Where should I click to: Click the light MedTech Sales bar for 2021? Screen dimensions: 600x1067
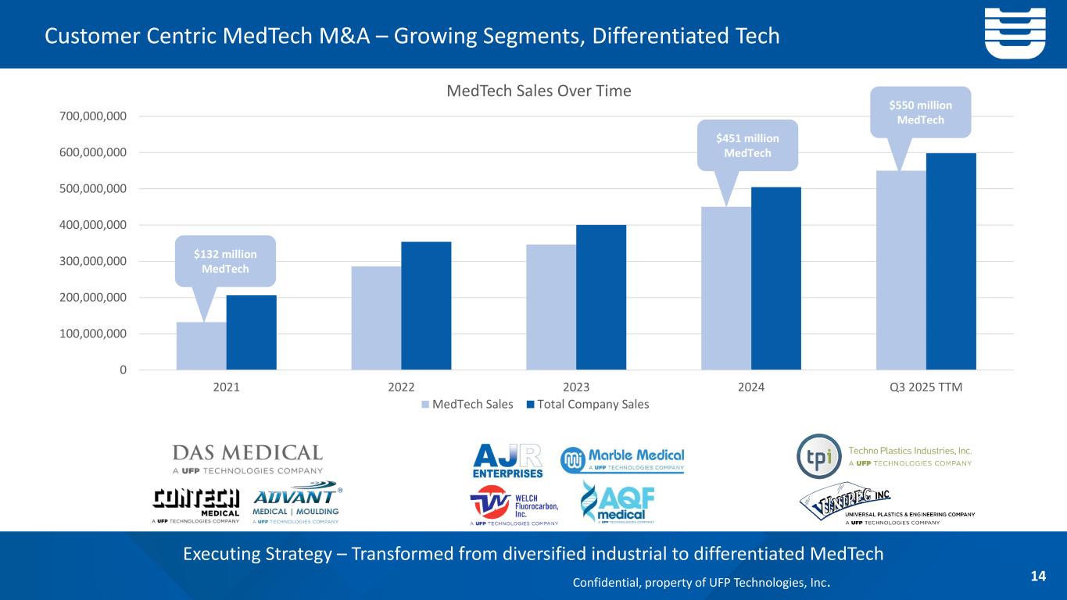click(201, 346)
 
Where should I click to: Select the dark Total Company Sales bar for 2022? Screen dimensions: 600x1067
click(426, 305)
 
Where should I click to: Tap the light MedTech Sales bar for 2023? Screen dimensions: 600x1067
click(551, 307)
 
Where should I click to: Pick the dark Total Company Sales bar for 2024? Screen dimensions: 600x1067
click(775, 278)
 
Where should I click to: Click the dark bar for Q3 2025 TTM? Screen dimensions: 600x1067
click(951, 261)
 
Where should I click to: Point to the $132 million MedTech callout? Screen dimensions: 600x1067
click(225, 261)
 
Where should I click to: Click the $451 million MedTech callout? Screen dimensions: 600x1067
click(747, 145)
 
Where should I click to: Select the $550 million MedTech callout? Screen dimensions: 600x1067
click(919, 112)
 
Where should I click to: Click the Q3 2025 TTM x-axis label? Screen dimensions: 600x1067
click(926, 386)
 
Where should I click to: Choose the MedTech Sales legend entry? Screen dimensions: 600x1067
click(467, 404)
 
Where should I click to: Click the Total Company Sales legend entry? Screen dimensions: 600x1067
click(588, 404)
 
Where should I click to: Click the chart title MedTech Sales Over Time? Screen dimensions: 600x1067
click(539, 91)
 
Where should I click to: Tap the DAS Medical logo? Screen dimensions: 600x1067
click(247, 459)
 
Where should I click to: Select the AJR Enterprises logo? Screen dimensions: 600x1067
click(507, 459)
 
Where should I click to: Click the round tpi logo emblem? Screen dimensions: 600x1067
click(818, 456)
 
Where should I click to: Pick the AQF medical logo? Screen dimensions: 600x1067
click(618, 502)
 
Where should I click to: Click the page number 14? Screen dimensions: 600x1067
click(1038, 577)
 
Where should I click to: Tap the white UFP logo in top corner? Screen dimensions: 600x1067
click(1014, 33)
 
